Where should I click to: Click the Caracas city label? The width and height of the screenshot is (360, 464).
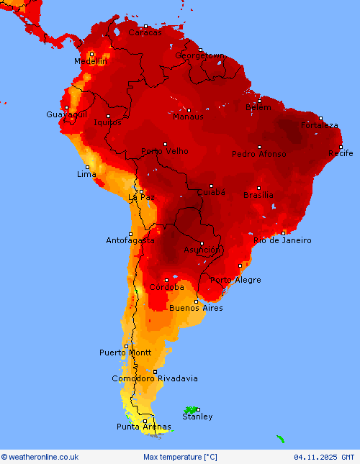pos(145,32)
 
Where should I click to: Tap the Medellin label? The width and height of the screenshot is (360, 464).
pos(90,62)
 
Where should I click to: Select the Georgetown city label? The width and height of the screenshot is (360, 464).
pos(200,55)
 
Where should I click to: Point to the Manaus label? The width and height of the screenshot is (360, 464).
pos(188,117)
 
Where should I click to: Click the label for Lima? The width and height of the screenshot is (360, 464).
pos(86,175)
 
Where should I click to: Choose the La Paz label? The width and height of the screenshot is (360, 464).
pos(141,197)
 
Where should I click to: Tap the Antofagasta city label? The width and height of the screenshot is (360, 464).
pos(130,240)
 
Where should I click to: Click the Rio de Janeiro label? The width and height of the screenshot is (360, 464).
pos(283,240)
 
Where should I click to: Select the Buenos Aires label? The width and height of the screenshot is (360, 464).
pos(196,308)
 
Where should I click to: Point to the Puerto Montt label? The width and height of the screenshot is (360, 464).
pos(125,352)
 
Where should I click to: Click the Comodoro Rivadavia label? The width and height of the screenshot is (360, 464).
pos(155,378)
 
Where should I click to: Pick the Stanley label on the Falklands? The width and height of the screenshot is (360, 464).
pos(197,417)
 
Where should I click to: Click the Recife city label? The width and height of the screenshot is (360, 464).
pos(341,153)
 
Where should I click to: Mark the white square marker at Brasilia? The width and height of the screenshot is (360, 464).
pos(259,188)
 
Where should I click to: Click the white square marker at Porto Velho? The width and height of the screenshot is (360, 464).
pos(165,144)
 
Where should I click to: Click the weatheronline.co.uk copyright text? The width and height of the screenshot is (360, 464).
pos(40,457)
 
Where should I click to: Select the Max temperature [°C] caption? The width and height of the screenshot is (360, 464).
pos(180,457)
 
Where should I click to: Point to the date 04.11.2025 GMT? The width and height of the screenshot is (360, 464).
pos(324,457)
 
